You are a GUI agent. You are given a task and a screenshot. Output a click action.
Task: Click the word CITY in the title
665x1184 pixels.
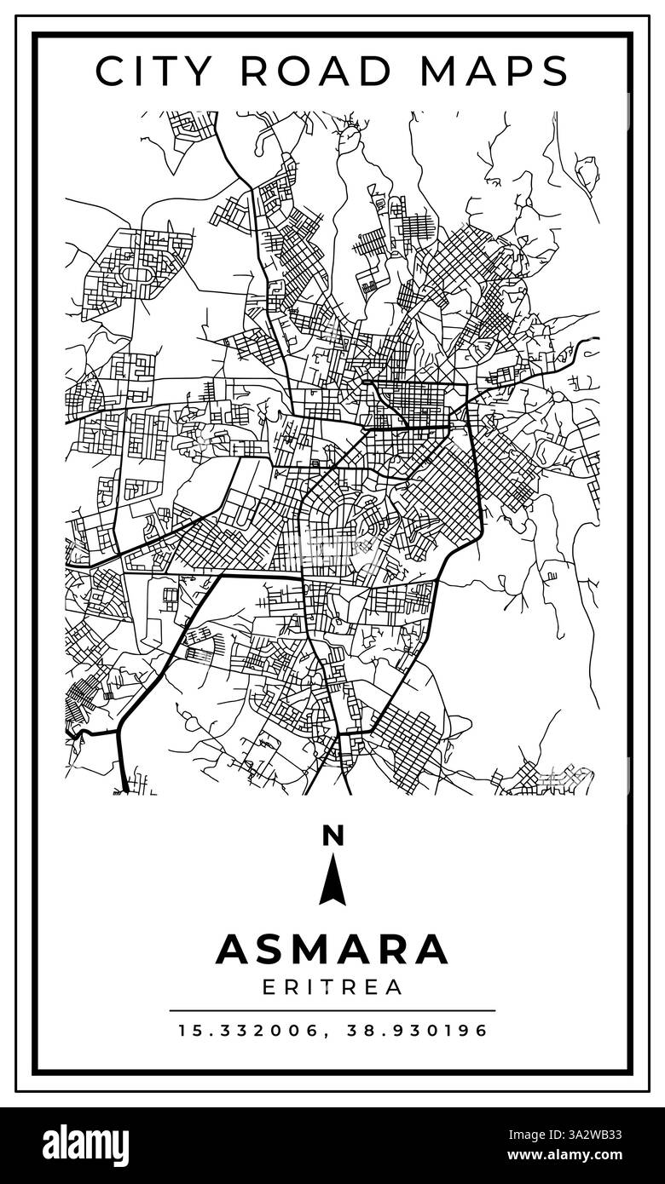[152, 71]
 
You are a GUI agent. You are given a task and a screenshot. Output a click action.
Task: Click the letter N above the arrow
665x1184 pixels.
[332, 836]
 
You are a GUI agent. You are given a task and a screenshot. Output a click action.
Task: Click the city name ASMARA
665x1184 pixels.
[332, 949]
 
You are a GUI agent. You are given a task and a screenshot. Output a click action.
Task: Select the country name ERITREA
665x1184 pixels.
[332, 988]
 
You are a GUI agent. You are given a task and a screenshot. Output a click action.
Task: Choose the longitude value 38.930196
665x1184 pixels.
[417, 1031]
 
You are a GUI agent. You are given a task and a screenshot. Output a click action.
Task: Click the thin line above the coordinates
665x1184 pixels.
[332, 1010]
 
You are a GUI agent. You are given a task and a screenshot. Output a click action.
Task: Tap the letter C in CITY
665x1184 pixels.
[108, 71]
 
